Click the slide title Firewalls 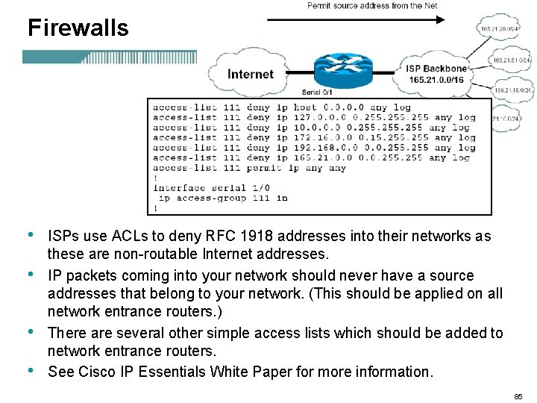click(x=78, y=28)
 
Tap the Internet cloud click(x=250, y=74)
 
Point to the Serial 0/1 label click(x=317, y=93)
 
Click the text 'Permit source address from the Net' click(x=372, y=6)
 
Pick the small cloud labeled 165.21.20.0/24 click(x=498, y=29)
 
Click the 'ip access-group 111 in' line click(x=222, y=199)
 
